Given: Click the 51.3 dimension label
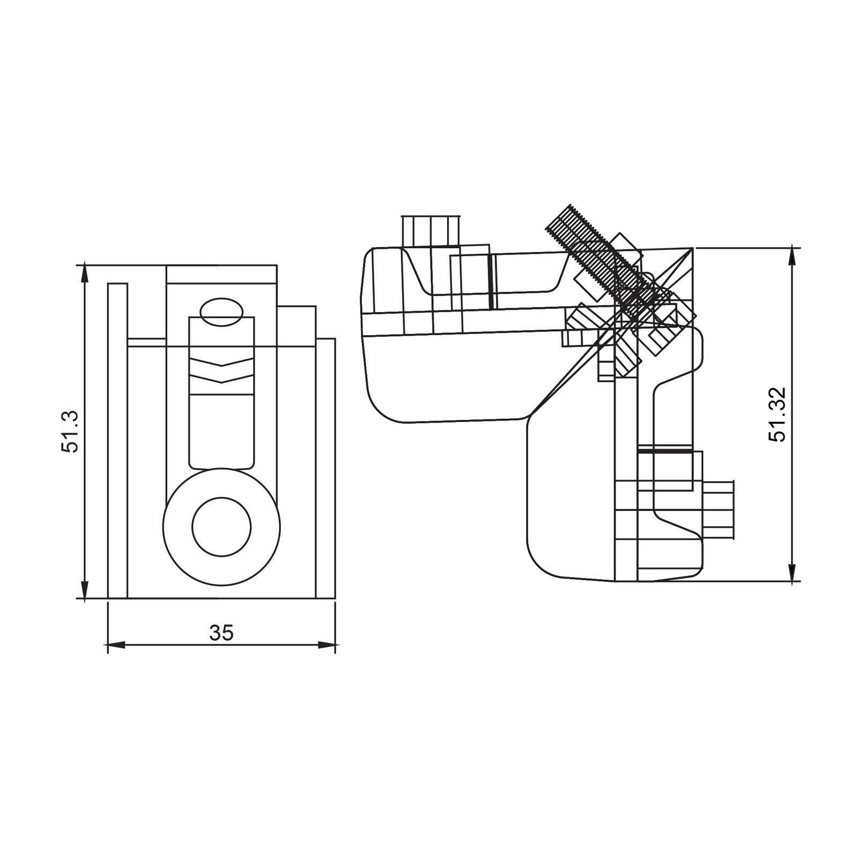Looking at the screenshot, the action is point(70,432).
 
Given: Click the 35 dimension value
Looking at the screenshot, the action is point(221,633).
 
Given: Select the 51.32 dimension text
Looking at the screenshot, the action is point(776,414).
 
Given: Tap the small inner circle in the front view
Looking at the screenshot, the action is point(221,527).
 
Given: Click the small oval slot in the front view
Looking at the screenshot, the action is point(221,312).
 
